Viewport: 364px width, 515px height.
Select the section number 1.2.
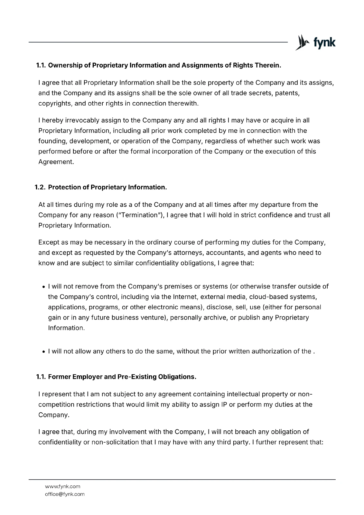[40, 187]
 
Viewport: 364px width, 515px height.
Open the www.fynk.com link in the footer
[62, 486]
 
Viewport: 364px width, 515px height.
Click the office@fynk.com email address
[65, 494]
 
